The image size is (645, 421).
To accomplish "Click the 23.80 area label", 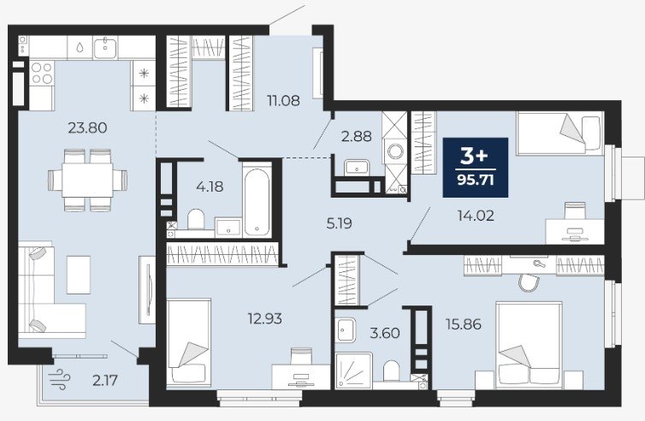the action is [x=87, y=128].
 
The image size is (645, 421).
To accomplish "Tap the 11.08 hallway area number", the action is [x=283, y=100].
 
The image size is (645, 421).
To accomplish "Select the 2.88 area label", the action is [x=356, y=136].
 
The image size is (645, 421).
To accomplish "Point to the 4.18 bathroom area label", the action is [x=210, y=187].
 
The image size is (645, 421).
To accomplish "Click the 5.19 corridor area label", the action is [x=339, y=223].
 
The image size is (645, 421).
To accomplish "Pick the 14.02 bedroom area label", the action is [x=476, y=216].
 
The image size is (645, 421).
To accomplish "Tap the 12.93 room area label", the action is [x=264, y=318].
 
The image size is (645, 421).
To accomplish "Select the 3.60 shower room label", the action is [x=385, y=333].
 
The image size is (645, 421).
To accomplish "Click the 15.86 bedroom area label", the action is [x=463, y=324].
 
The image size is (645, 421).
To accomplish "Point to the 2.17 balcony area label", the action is [x=105, y=380].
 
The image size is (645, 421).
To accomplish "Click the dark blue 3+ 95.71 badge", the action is [x=476, y=168].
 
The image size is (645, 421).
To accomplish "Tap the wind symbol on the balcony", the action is [x=59, y=379].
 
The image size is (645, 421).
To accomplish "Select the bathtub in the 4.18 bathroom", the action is [x=257, y=200].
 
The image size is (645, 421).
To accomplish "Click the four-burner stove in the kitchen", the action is [x=42, y=73].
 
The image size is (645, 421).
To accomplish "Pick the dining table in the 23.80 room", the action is [x=87, y=181].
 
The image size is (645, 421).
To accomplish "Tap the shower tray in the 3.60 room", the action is [x=353, y=371].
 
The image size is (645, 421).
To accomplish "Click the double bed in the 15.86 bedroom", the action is [x=529, y=345].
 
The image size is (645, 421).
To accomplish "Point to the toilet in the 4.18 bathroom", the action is [x=196, y=219].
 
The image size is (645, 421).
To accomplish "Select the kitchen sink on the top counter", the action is [x=106, y=47].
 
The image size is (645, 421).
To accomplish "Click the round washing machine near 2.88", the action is [x=395, y=151].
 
